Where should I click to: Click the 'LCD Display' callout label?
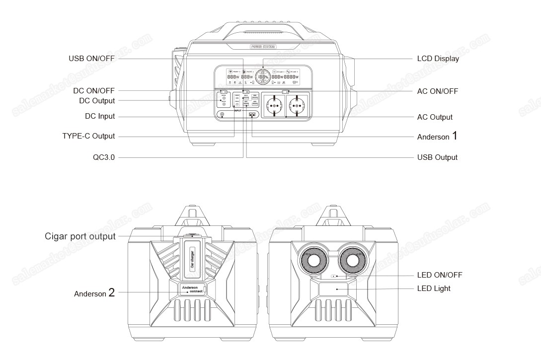point(438,59)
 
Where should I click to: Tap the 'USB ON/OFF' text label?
point(91,59)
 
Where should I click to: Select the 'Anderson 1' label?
point(437,137)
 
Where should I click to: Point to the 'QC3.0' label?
point(104,157)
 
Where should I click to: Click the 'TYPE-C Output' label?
point(88,136)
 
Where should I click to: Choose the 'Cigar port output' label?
point(80,236)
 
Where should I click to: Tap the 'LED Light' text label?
point(434,288)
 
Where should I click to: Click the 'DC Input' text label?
point(100,116)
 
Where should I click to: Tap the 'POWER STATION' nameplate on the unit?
point(263,47)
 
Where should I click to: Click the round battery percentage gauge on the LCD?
point(263,77)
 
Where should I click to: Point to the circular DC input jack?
point(222,115)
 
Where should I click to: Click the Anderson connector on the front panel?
point(253,115)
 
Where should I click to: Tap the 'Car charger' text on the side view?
point(192,259)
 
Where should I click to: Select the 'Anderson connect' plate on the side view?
point(191,289)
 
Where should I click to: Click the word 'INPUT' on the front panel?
point(238,110)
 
